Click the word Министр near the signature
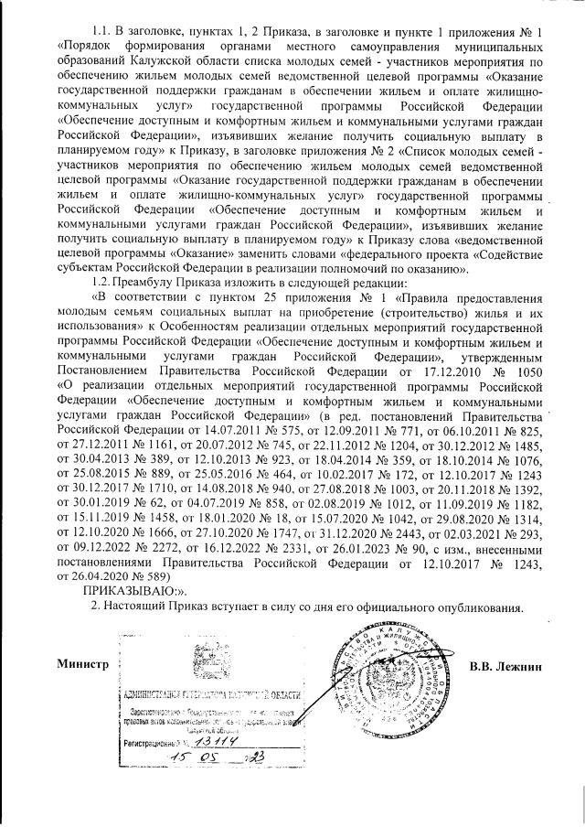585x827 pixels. pyautogui.click(x=81, y=663)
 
